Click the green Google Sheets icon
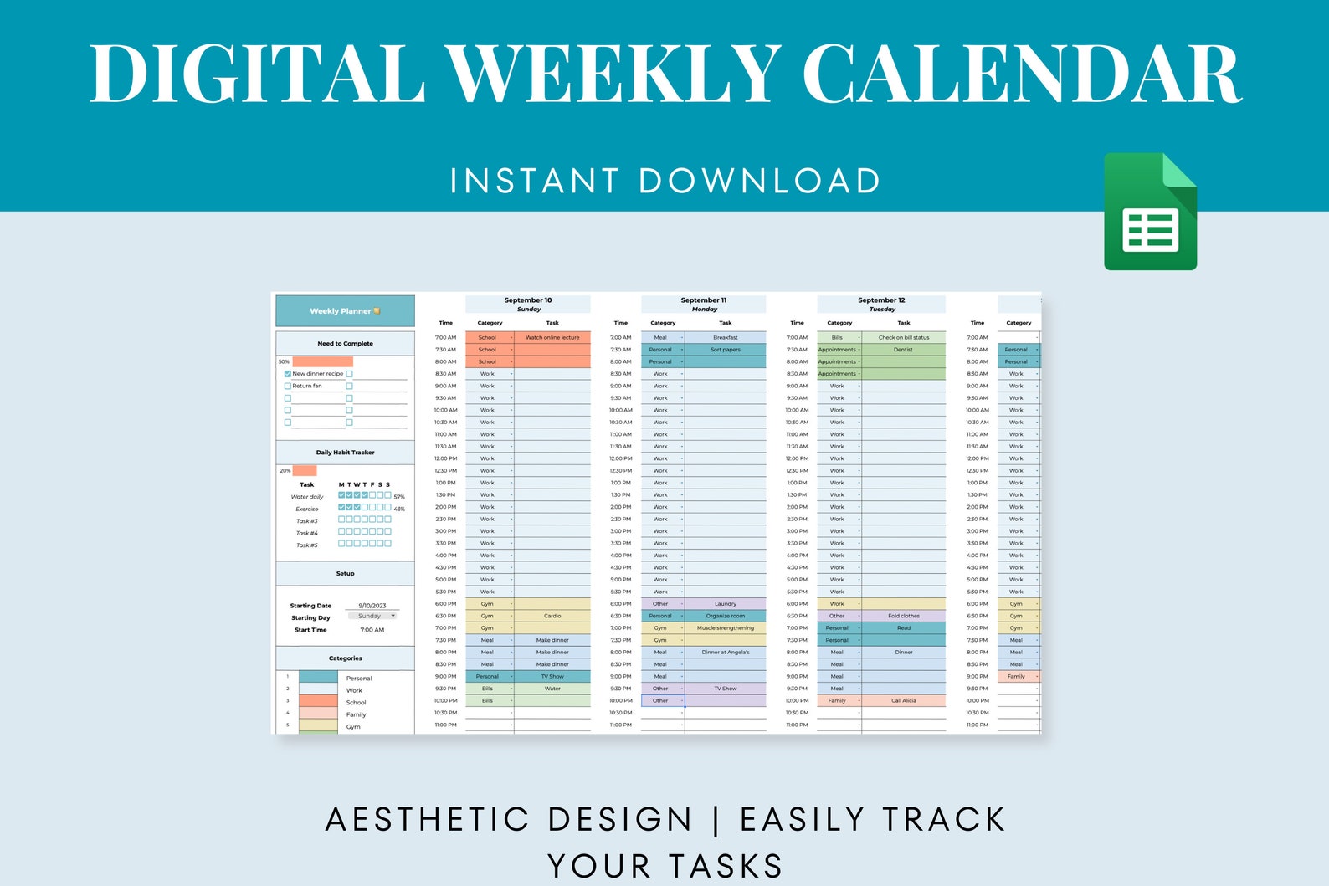point(1150,212)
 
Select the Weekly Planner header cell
point(345,311)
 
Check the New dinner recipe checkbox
point(288,374)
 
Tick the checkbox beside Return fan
point(288,387)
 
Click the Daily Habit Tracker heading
point(345,453)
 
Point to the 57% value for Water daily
point(399,497)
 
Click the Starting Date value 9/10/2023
point(372,606)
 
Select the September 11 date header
point(704,300)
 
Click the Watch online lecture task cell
point(552,338)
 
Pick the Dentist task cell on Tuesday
point(903,350)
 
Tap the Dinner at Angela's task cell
point(726,653)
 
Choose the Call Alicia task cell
point(904,701)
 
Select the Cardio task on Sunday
point(552,616)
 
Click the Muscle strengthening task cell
point(726,628)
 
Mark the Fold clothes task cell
point(904,616)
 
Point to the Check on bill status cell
point(904,338)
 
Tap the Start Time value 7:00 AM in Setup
point(372,630)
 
